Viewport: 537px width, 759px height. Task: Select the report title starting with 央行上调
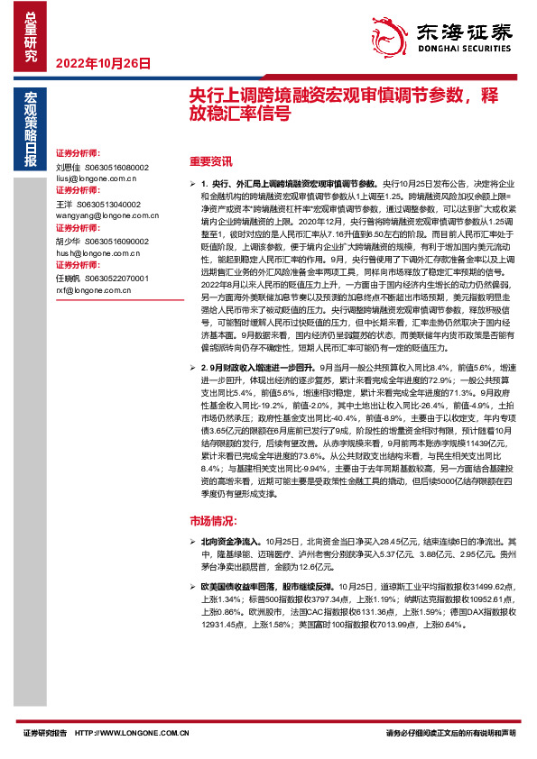(344, 103)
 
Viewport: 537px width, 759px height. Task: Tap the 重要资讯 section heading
(211, 161)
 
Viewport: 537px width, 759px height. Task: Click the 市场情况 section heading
(213, 521)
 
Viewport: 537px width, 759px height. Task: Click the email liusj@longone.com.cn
(94, 178)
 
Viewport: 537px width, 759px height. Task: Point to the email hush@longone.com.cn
(94, 254)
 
